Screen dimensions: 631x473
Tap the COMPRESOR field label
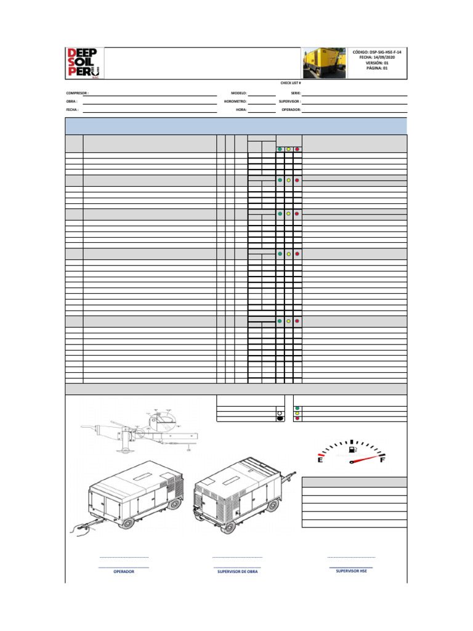pos(77,93)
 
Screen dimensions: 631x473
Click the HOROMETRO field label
pos(235,101)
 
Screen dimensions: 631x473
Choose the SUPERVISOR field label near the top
pos(289,101)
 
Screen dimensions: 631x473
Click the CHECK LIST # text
pos(291,83)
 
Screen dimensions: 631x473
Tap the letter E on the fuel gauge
pos(320,460)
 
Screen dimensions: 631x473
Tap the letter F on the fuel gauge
pos(382,460)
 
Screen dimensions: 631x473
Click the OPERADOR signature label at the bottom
pos(124,571)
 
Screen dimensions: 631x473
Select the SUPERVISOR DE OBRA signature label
pos(238,571)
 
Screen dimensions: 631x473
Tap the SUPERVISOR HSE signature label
pos(351,571)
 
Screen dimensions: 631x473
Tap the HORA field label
pos(241,109)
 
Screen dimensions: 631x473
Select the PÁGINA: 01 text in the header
pos(378,68)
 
